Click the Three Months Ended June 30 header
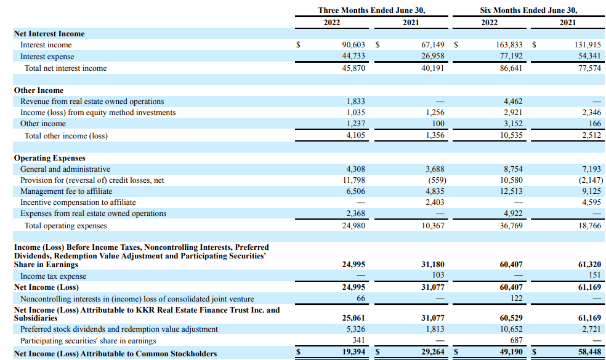(371, 10)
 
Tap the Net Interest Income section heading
(49, 34)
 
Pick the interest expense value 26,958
(432, 57)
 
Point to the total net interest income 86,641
(509, 68)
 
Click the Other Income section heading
(39, 90)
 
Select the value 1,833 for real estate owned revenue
(356, 102)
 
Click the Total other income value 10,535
(509, 136)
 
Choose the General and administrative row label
(65, 169)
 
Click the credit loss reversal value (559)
(435, 180)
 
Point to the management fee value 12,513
(509, 191)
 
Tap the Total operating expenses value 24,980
(353, 226)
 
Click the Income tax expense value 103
(438, 276)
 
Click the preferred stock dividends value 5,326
(356, 329)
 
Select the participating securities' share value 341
(358, 341)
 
